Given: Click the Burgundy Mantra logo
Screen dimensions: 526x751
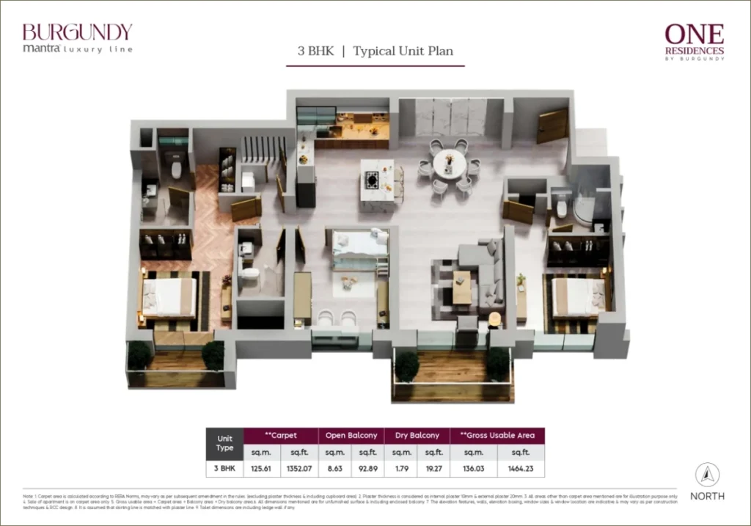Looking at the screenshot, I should pos(77,38).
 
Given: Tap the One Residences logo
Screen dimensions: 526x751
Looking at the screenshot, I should pos(694,42).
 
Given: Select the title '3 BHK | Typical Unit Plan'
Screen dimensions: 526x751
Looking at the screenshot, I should pos(375,51).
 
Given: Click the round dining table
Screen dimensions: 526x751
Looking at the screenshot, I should pos(449,164).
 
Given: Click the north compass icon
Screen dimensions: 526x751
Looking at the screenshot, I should pos(707,475).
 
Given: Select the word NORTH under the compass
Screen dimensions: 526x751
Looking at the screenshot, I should pos(707,496).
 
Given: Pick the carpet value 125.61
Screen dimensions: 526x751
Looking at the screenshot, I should pos(262,468).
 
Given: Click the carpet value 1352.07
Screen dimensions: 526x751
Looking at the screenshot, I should pos(299,468).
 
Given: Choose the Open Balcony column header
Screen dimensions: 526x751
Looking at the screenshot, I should pos(351,435).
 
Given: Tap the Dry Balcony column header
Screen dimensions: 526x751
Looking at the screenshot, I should pos(412,435).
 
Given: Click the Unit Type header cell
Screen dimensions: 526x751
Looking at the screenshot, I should pos(224,443).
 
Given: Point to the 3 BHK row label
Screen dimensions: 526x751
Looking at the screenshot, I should pos(224,468).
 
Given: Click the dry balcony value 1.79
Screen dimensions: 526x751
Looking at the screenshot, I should pos(397,468).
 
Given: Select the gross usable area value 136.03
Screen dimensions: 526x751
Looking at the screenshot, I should pos(474,468).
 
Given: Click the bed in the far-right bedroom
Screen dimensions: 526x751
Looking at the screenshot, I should pos(577,297).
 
